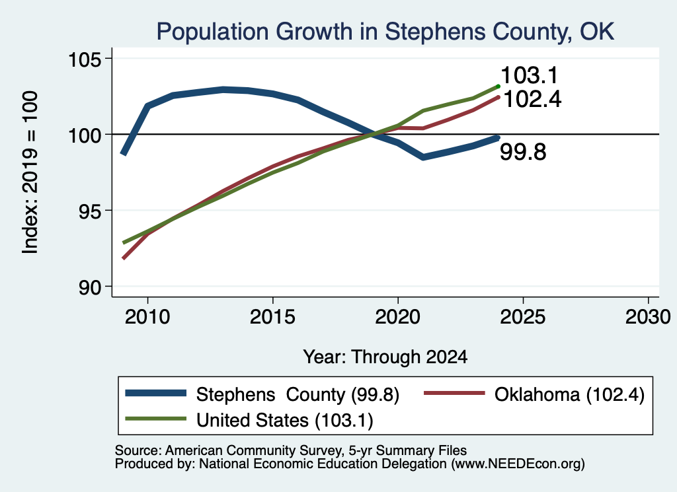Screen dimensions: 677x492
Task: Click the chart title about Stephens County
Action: click(385, 32)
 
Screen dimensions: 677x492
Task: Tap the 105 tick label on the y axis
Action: click(85, 59)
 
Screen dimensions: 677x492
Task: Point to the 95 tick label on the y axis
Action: click(90, 211)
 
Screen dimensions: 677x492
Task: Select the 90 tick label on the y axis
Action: click(90, 287)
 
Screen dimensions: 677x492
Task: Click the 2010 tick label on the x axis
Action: click(147, 317)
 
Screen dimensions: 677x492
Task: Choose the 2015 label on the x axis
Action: click(272, 317)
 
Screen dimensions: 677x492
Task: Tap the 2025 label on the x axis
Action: click(523, 317)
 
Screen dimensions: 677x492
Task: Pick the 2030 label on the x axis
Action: click(648, 317)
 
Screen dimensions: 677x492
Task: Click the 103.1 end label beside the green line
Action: click(530, 75)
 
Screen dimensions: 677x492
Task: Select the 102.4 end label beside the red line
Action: click(532, 99)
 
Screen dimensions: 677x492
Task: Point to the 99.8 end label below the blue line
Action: click(524, 152)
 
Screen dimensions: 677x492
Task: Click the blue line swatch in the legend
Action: click(156, 393)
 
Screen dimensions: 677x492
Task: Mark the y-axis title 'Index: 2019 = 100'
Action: click(30, 172)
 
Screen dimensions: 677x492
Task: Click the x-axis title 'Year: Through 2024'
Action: click(385, 357)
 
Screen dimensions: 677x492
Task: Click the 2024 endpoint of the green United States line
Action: click(498, 87)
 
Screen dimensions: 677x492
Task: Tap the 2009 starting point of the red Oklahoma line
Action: click(124, 258)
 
